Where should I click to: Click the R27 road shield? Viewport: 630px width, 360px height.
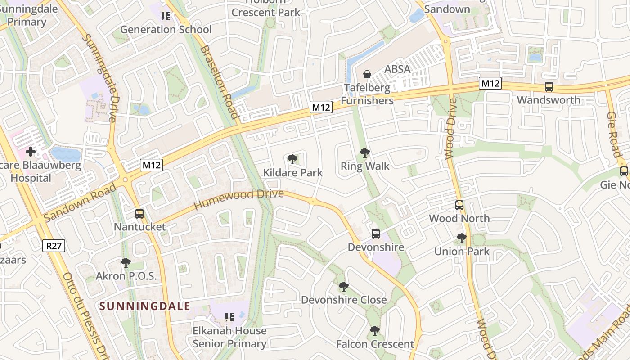point(54,246)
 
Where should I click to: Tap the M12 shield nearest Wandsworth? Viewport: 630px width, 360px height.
point(490,83)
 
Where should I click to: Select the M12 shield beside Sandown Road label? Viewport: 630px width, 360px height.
point(151,165)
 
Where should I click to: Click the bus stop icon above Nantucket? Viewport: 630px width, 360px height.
point(139,214)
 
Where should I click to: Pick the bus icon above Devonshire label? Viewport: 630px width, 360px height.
point(376,234)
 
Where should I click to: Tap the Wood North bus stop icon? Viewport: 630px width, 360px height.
point(459,205)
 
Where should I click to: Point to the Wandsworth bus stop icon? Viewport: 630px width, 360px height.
point(549,87)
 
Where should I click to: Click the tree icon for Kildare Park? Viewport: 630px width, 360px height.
point(292,159)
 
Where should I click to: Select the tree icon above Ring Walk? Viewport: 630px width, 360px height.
point(365,153)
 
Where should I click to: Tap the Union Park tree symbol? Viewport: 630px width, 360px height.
point(462,238)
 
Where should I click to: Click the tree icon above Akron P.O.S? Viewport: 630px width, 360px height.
point(126,262)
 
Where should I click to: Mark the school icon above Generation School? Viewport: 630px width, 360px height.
point(166,16)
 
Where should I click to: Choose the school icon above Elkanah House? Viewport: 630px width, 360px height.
point(229,317)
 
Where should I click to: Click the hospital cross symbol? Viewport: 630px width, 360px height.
point(31,152)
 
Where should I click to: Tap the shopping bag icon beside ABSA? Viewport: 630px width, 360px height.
point(367,74)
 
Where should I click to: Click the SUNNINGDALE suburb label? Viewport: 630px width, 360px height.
point(145,306)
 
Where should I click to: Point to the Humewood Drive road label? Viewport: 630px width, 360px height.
point(238,200)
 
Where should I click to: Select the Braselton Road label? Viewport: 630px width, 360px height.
point(219,81)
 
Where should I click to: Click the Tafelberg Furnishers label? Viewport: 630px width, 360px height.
point(367,94)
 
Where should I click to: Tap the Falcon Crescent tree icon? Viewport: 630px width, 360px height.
point(375,331)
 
